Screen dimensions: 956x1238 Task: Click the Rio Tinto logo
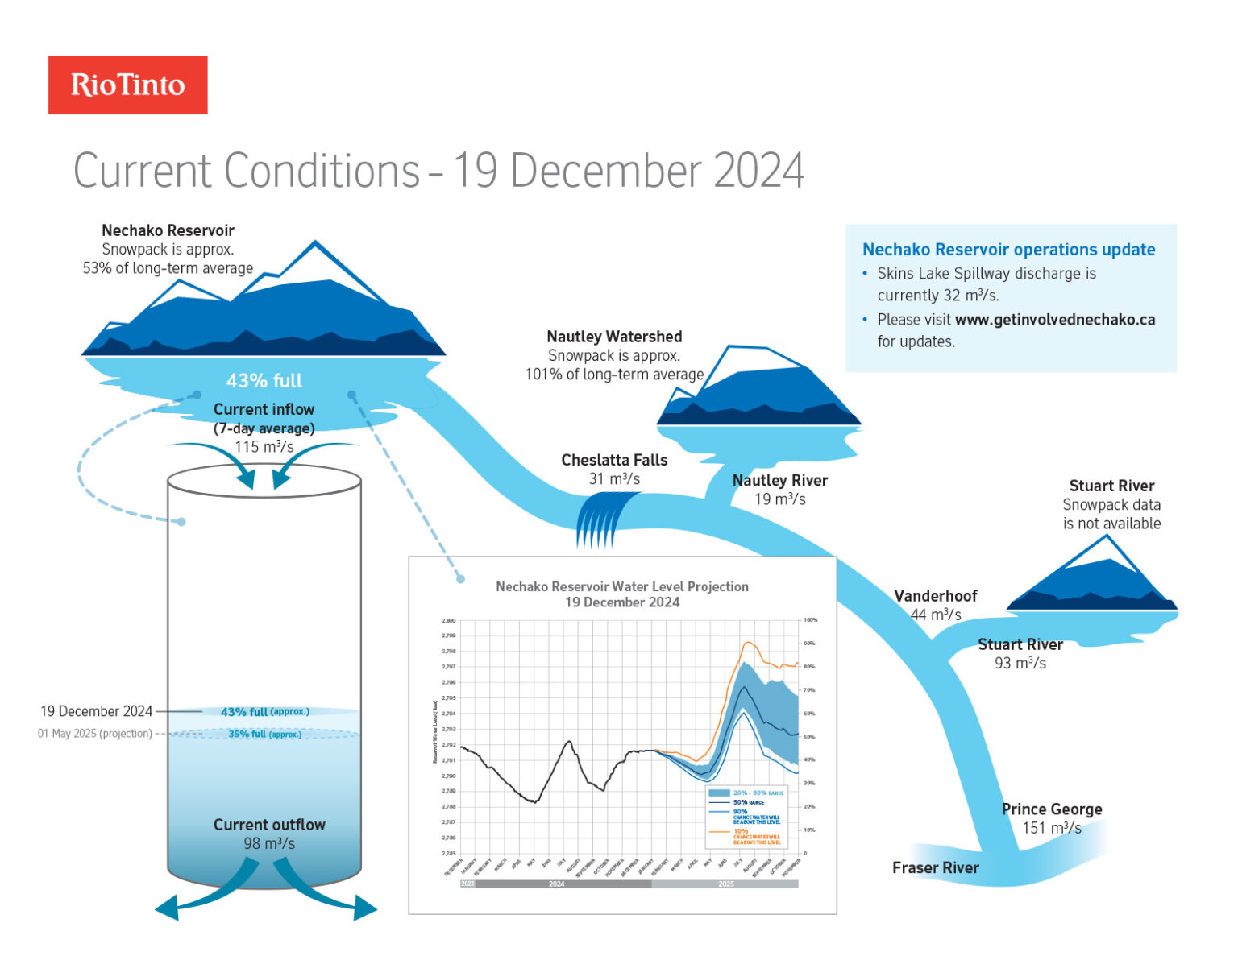(127, 85)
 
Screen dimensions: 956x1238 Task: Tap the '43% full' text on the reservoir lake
(264, 381)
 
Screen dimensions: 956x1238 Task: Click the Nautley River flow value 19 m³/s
(779, 499)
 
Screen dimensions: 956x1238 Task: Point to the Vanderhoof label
(935, 596)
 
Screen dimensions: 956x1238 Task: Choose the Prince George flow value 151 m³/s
(1052, 828)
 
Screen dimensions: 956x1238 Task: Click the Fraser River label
(935, 867)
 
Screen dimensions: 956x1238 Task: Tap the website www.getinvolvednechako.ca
(1054, 320)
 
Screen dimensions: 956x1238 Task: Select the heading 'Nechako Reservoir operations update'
(1008, 250)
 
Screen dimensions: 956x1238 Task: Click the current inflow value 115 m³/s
(264, 447)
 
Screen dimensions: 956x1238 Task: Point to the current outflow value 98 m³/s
(269, 844)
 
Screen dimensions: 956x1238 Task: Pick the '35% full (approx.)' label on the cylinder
(264, 735)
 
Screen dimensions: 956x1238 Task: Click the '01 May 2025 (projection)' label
(94, 734)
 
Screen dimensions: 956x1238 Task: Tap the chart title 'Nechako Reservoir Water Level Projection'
(621, 586)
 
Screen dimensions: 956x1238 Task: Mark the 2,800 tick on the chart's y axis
(448, 621)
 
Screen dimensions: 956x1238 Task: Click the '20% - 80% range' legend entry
(758, 793)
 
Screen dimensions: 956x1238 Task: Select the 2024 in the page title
(758, 171)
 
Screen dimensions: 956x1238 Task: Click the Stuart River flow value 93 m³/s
(1020, 664)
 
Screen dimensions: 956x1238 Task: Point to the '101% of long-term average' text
(614, 375)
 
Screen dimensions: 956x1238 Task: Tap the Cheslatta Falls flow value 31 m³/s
(614, 479)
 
